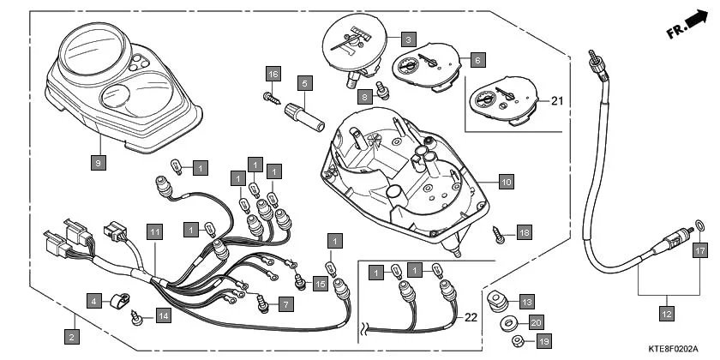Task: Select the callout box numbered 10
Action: (506, 182)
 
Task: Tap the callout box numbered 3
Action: (409, 39)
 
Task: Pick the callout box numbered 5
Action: (303, 83)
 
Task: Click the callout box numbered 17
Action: (699, 251)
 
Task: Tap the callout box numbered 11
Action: (154, 231)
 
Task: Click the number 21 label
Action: (557, 101)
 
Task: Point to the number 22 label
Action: (469, 318)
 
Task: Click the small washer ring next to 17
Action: (699, 226)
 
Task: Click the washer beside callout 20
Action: (509, 323)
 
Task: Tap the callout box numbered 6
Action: (477, 61)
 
